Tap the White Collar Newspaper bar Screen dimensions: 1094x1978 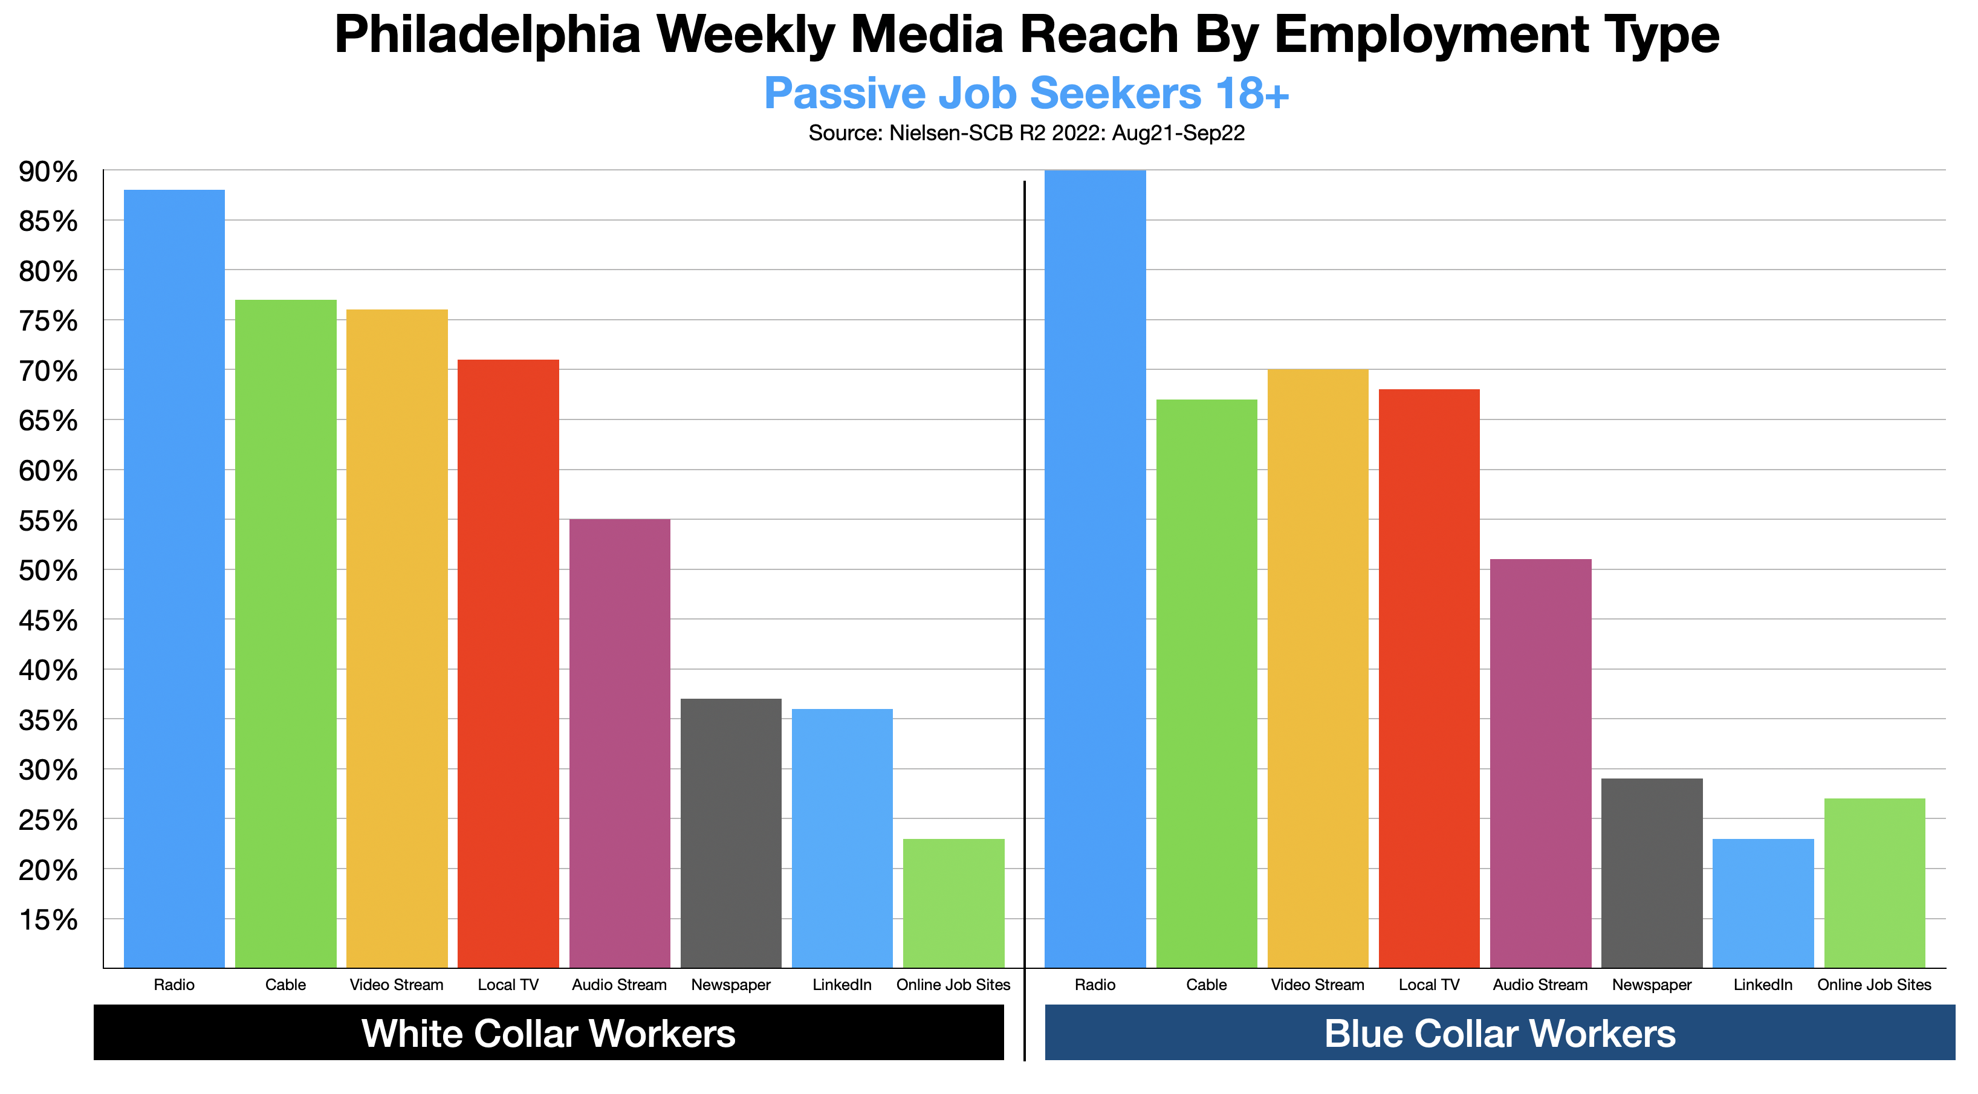pos(731,833)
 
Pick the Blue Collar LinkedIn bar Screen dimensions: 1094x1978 pos(1763,903)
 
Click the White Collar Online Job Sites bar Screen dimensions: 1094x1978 pos(954,903)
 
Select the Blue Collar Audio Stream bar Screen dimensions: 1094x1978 pos(1540,763)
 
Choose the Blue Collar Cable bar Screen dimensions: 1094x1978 pos(1206,683)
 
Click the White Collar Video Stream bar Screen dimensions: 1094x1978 pos(397,638)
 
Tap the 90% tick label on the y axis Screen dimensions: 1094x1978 pos(48,172)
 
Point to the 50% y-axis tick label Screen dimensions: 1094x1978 pos(48,571)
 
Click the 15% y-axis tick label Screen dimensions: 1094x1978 pos(48,920)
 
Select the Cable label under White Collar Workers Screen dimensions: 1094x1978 pos(286,985)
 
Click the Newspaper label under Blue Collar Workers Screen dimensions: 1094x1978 pos(1652,985)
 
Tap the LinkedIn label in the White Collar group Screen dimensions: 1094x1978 pos(842,985)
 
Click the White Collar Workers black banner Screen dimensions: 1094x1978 pos(548,1032)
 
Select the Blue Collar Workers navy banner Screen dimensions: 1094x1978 pos(1500,1032)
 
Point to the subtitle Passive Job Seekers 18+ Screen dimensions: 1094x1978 pos(1026,94)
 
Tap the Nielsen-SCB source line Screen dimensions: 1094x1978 pos(1026,134)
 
